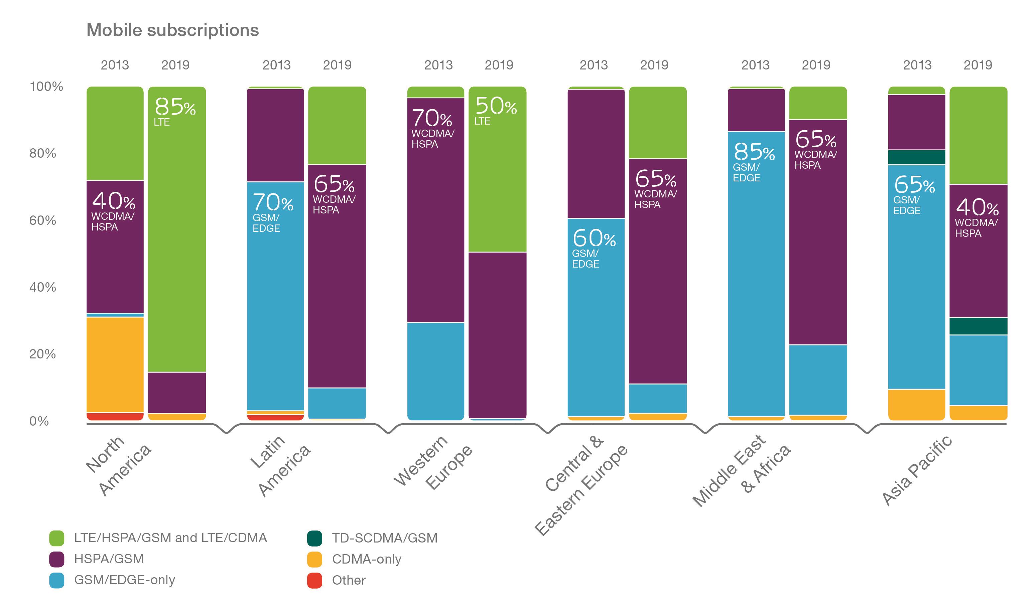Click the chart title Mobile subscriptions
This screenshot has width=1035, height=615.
[172, 30]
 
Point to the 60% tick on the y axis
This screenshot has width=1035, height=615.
[42, 220]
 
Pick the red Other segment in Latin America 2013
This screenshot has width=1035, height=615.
[275, 417]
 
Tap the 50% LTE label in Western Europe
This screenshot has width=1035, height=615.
[495, 110]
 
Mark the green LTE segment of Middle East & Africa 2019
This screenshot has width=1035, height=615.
[817, 103]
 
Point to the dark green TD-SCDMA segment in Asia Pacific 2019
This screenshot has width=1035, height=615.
[978, 326]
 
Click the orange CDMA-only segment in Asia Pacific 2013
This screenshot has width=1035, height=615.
[916, 405]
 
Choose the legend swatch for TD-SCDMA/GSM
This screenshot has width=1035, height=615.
[314, 538]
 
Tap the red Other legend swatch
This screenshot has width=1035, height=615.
[314, 580]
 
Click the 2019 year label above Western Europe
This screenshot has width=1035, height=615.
[499, 65]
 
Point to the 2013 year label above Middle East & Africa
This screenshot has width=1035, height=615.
[755, 65]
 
